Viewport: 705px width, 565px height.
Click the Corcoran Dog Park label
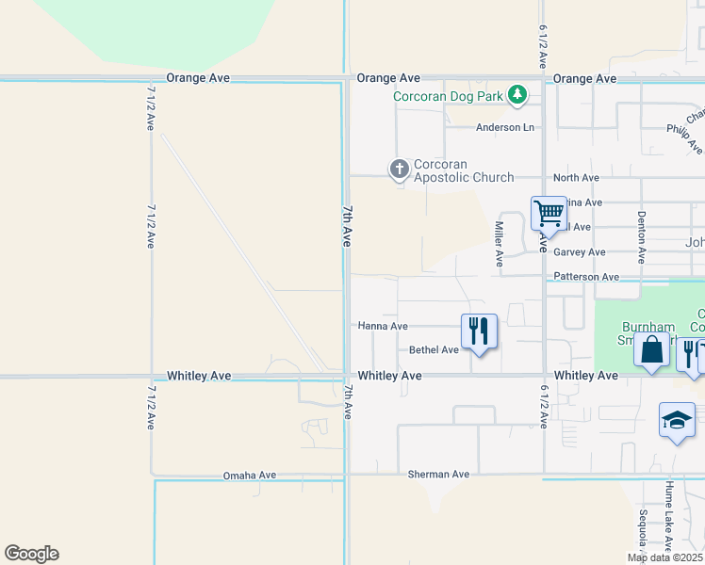coord(448,95)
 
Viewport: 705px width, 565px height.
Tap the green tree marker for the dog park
coord(516,94)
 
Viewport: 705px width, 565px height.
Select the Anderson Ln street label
coord(504,127)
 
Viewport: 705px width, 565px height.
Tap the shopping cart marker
coord(548,213)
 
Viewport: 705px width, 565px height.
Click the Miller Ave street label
coord(500,240)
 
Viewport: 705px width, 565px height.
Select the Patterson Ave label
coord(586,277)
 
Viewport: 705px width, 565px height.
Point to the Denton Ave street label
coord(641,235)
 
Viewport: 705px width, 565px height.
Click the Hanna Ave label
coord(383,326)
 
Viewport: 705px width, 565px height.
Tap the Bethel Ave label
coord(434,349)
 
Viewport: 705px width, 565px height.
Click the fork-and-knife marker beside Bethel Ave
coord(479,331)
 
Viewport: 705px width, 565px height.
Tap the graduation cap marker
coord(677,420)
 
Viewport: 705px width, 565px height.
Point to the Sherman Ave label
coord(438,474)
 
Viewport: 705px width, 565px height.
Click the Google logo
coord(31,554)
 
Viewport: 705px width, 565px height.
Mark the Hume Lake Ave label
coord(668,516)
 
